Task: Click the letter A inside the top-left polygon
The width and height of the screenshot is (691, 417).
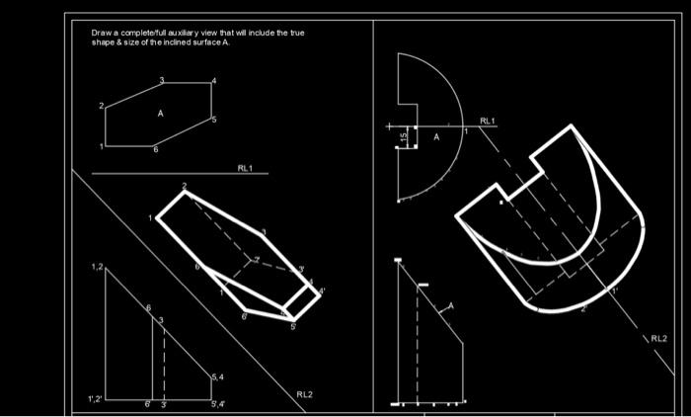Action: [x=159, y=114]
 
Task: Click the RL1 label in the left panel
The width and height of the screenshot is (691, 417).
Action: [x=245, y=168]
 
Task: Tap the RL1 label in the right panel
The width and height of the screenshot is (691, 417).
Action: [x=488, y=121]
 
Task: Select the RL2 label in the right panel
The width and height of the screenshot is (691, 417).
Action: [x=657, y=338]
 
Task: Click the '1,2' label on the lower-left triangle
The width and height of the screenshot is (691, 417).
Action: [x=97, y=268]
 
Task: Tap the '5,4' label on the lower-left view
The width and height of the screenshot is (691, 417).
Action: [x=218, y=377]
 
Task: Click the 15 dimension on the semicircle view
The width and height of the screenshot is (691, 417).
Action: [x=404, y=137]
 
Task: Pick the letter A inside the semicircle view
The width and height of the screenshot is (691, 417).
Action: [x=435, y=137]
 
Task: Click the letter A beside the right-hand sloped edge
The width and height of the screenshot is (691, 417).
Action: [x=451, y=307]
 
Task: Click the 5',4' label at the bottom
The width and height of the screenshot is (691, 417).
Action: [x=216, y=404]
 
